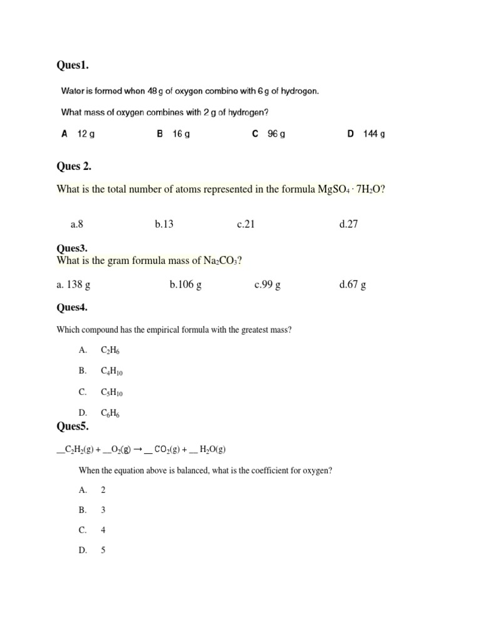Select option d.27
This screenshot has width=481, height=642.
348,224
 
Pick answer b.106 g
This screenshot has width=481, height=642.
185,285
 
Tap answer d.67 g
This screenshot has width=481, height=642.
353,285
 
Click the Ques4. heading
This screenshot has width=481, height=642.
72,307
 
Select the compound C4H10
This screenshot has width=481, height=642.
111,371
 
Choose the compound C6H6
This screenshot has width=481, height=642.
110,413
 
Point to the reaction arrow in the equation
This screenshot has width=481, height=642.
137,450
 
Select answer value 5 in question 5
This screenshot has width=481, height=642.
103,550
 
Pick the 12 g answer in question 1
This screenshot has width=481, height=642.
85,134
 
